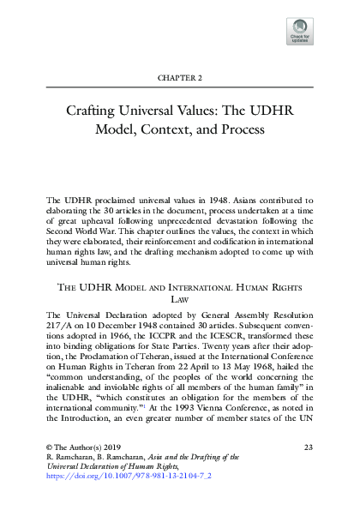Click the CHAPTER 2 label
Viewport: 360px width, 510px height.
point(179,77)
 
